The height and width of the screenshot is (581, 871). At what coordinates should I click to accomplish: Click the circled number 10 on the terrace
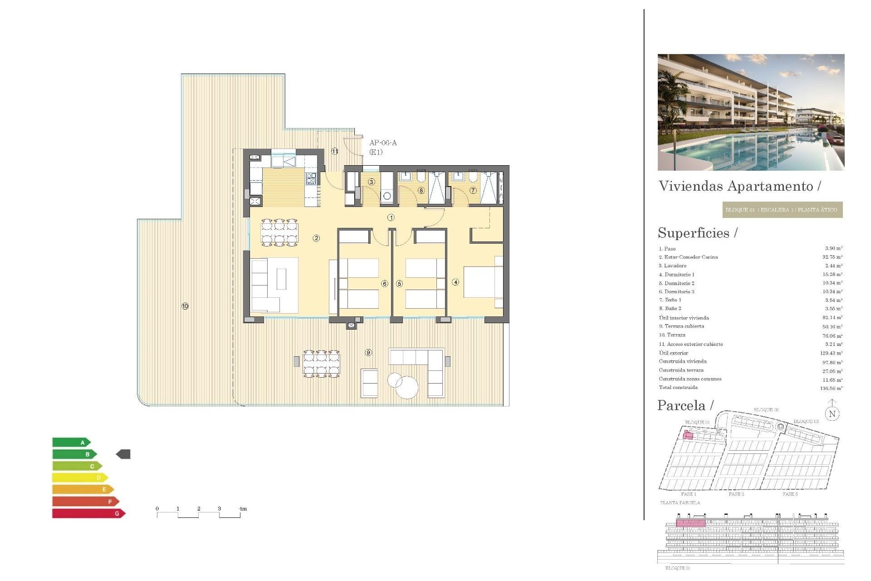point(185,306)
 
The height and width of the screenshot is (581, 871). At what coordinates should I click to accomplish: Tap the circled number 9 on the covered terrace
point(368,353)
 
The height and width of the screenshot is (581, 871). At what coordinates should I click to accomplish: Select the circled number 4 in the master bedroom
point(455,282)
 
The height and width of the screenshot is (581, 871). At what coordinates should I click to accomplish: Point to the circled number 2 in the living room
point(316,238)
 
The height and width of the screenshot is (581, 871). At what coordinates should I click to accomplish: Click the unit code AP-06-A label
point(383,143)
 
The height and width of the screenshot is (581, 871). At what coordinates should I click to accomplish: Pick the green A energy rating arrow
point(71,442)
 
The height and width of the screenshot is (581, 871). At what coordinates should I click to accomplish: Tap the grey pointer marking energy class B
point(123,454)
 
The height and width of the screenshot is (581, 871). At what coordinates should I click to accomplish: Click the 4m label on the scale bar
point(243,509)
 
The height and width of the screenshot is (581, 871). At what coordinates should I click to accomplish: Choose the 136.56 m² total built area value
point(831,389)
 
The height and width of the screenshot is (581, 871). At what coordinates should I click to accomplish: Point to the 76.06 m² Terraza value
point(832,336)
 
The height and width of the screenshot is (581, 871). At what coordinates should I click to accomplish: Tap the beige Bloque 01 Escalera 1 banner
point(782,210)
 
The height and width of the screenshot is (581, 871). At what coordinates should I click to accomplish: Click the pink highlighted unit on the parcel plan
point(688,435)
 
